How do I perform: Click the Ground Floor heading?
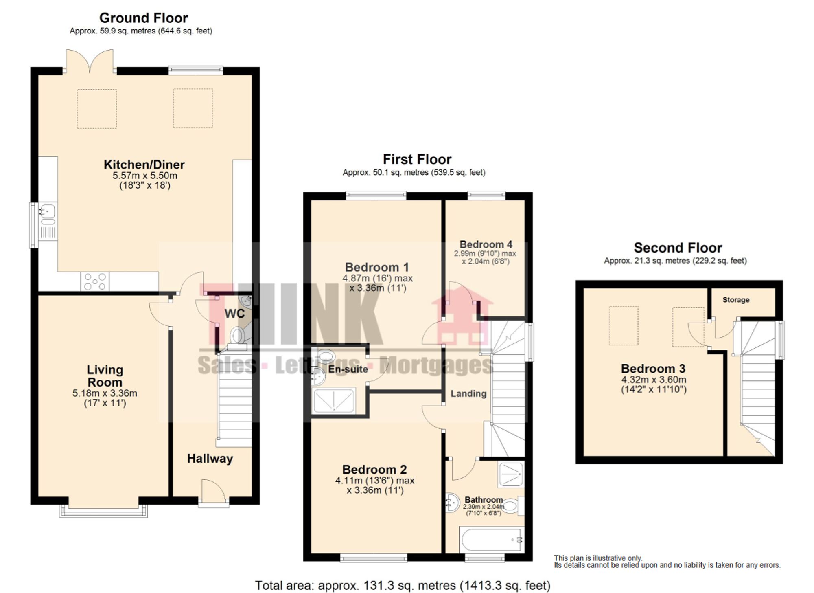pyautogui.click(x=143, y=18)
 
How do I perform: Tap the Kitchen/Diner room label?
pyautogui.click(x=144, y=165)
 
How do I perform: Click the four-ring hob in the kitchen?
pyautogui.click(x=95, y=281)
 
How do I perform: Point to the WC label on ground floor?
pyautogui.click(x=234, y=313)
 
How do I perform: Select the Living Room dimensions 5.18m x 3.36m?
pyautogui.click(x=105, y=393)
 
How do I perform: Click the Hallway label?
pyautogui.click(x=210, y=459)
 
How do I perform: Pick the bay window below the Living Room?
pyautogui.click(x=103, y=512)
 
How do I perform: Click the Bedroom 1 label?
pyautogui.click(x=377, y=267)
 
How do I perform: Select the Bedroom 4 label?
pyautogui.click(x=486, y=244)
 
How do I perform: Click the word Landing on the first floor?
pyautogui.click(x=468, y=393)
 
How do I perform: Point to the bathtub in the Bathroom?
pyautogui.click(x=491, y=540)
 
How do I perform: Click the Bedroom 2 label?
pyautogui.click(x=374, y=469)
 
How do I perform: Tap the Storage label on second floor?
pyautogui.click(x=735, y=300)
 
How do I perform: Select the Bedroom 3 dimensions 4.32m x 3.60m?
pyautogui.click(x=653, y=380)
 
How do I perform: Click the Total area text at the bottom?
pyautogui.click(x=402, y=586)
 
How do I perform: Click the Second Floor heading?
pyautogui.click(x=678, y=248)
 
